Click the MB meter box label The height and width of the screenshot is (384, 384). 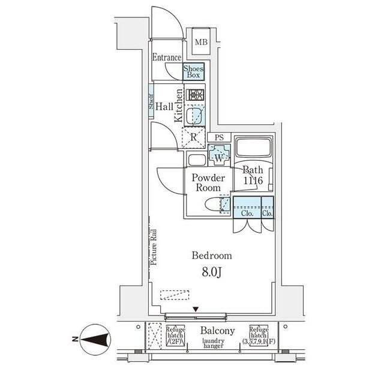pyautogui.click(x=200, y=42)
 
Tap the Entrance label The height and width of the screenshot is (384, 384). pyautogui.click(x=166, y=58)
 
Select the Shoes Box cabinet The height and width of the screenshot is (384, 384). pyautogui.click(x=193, y=71)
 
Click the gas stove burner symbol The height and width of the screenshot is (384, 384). pyautogui.click(x=196, y=95)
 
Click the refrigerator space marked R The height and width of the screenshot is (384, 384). pyautogui.click(x=193, y=137)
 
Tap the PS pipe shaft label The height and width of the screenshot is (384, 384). pyautogui.click(x=219, y=137)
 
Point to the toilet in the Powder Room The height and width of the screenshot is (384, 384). pyautogui.click(x=215, y=205)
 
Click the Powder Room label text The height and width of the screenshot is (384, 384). pyautogui.click(x=208, y=183)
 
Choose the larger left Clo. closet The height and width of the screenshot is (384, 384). pyautogui.click(x=246, y=207)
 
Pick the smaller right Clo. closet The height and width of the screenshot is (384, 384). pyautogui.click(x=268, y=207)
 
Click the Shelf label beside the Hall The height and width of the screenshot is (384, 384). pyautogui.click(x=152, y=106)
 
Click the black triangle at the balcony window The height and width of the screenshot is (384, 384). pyautogui.click(x=195, y=310)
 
